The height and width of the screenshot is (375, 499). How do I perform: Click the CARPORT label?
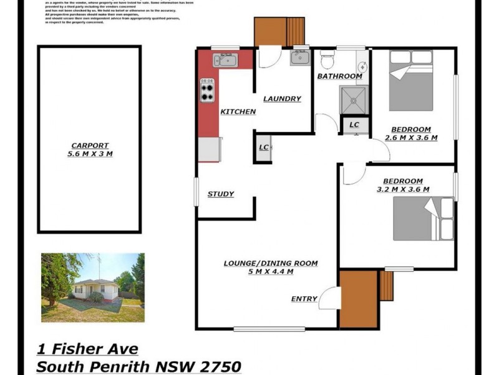coord(90,145)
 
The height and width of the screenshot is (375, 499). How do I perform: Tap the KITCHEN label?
coord(238,111)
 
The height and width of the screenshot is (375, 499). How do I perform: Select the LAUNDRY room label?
coord(282,99)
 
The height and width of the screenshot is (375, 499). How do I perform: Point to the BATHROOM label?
coord(339,76)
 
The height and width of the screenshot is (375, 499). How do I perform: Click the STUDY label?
coord(221,194)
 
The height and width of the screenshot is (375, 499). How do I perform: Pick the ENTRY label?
coord(304,299)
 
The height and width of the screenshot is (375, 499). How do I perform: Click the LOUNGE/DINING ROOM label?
coord(271,263)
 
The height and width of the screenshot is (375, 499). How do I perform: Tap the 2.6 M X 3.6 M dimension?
coord(411,137)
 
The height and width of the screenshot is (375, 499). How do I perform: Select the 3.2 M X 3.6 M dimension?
coord(403,189)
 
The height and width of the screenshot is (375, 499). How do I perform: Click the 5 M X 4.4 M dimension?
coord(271,272)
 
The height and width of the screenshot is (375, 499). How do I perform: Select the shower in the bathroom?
coord(354,100)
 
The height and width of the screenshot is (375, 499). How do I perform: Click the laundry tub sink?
coord(299,58)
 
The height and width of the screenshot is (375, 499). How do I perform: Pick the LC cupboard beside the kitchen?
coord(263,147)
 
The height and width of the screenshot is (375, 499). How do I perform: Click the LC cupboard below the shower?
coord(354,125)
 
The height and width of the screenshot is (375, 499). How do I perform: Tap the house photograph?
coord(93,287)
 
